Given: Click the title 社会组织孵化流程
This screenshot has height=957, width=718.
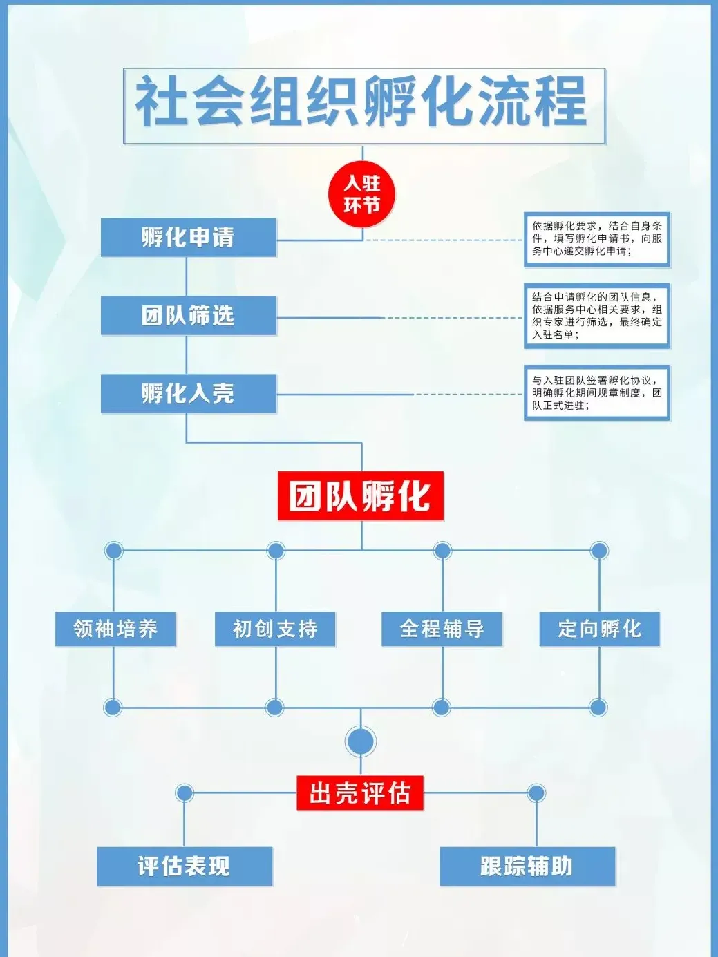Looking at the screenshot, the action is tap(364, 106).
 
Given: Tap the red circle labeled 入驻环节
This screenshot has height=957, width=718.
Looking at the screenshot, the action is tap(361, 194).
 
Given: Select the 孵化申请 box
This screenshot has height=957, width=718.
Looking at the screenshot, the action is tap(189, 238).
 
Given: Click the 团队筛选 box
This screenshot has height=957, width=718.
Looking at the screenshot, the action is tap(189, 316).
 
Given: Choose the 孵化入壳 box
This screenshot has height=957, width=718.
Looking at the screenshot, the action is tap(189, 394).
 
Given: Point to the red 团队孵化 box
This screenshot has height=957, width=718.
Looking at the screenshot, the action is tap(360, 496).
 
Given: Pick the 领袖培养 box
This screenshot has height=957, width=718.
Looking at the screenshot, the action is tap(115, 629).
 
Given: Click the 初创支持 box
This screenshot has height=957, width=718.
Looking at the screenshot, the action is tap(275, 629).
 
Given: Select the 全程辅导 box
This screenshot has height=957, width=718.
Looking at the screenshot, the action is tap(442, 629).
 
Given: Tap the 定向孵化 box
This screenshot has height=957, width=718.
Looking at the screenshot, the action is tap(599, 629).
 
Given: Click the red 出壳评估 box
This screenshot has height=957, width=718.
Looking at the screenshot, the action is tap(360, 793).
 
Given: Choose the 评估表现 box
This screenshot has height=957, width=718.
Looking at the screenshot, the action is tap(185, 866).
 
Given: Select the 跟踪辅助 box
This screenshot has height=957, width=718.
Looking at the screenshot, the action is tap(527, 866).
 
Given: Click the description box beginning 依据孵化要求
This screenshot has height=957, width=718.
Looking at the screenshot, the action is tap(597, 239).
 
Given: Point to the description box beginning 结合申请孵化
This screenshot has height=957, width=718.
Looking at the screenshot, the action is tap(597, 316).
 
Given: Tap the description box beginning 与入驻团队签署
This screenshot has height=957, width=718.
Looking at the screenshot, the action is tap(597, 393).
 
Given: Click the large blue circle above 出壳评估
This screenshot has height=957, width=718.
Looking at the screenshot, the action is tap(360, 741).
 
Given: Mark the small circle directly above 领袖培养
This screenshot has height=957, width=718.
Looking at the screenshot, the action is tap(113, 551).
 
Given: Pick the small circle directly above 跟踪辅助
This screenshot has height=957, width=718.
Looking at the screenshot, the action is tap(536, 793).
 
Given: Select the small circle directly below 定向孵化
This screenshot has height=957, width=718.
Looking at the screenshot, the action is tap(598, 707).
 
